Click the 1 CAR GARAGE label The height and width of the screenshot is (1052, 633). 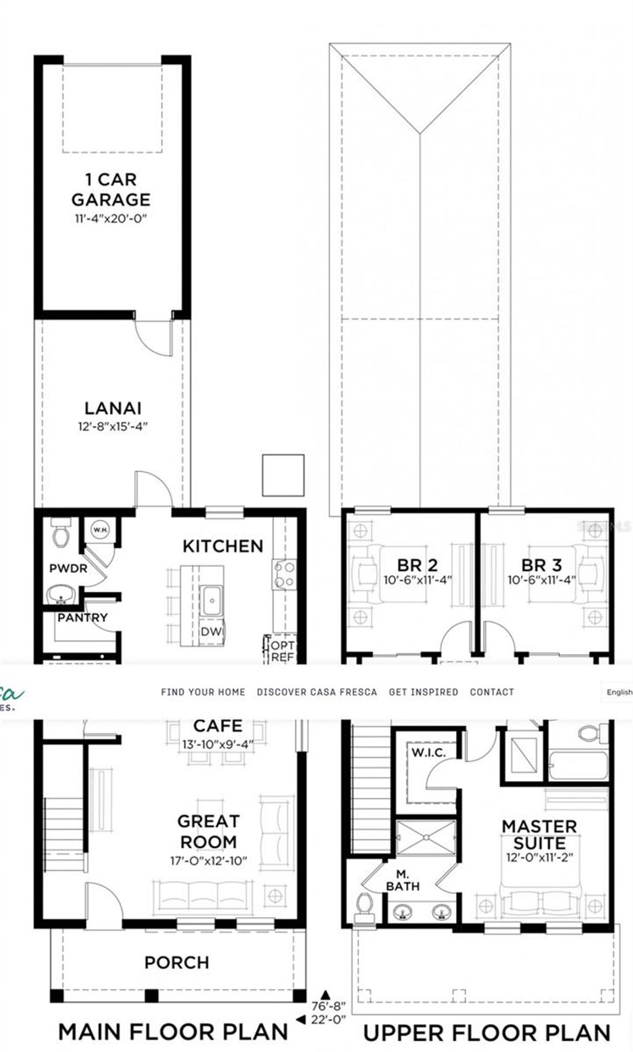click(x=111, y=190)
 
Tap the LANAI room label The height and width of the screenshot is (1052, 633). click(x=113, y=409)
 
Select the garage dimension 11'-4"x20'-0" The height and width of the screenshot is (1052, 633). click(x=111, y=218)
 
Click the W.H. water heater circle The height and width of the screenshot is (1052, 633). click(x=100, y=530)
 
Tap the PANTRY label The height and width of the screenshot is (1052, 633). click(x=82, y=617)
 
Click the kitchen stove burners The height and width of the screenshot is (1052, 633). click(x=284, y=574)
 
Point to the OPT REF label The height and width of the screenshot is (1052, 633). click(x=283, y=651)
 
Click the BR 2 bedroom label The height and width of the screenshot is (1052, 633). click(x=417, y=565)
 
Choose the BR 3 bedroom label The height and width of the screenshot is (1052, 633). click(x=542, y=565)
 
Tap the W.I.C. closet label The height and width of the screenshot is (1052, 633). click(x=428, y=753)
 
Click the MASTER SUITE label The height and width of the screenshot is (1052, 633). click(x=539, y=834)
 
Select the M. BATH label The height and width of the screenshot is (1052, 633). click(x=403, y=880)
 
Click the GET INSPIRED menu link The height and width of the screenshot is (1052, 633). click(x=423, y=692)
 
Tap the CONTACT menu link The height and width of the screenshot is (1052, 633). click(x=492, y=692)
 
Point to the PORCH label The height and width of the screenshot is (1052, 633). click(x=177, y=962)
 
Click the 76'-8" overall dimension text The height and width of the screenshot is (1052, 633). click(x=329, y=1006)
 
